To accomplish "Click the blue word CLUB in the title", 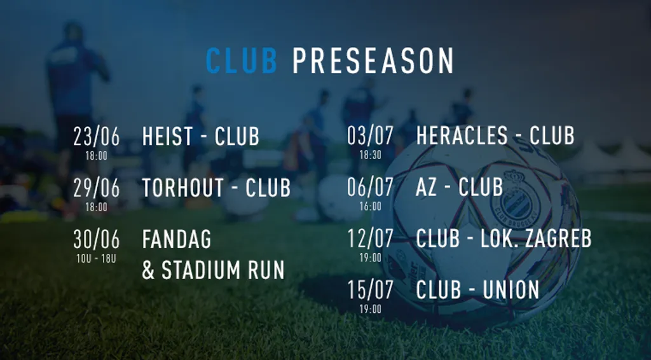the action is [241, 60].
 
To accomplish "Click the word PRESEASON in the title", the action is [373, 60].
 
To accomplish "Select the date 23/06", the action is [97, 136].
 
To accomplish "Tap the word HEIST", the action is [168, 136].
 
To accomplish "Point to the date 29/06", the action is [97, 188].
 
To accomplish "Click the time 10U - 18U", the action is [97, 259].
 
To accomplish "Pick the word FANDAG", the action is [177, 239].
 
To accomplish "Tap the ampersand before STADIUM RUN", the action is [148, 270].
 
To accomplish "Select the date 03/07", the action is [371, 136].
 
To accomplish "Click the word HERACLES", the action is [462, 135].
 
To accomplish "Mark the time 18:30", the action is [371, 155].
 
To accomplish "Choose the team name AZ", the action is [426, 187].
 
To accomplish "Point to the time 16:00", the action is [371, 206].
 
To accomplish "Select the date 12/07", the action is [371, 239].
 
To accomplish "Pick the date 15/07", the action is [371, 291].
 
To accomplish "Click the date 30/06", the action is [97, 239].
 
